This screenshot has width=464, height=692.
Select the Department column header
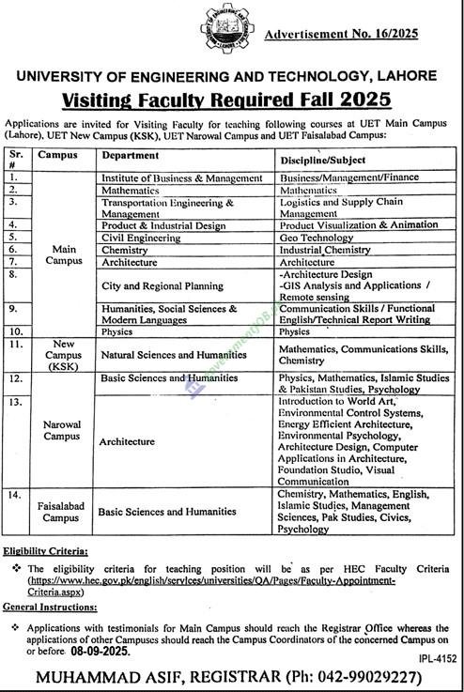128,155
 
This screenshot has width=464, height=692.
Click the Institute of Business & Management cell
181,177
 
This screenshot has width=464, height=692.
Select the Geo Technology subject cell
316,238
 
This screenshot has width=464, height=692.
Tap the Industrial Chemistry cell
325,251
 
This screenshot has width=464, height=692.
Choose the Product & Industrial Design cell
163,225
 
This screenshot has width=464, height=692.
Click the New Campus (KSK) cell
58,353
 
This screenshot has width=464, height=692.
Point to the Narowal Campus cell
61,430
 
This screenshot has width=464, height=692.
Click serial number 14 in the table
15,494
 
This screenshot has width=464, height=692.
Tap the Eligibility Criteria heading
45,551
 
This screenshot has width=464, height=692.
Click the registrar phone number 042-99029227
361,676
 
